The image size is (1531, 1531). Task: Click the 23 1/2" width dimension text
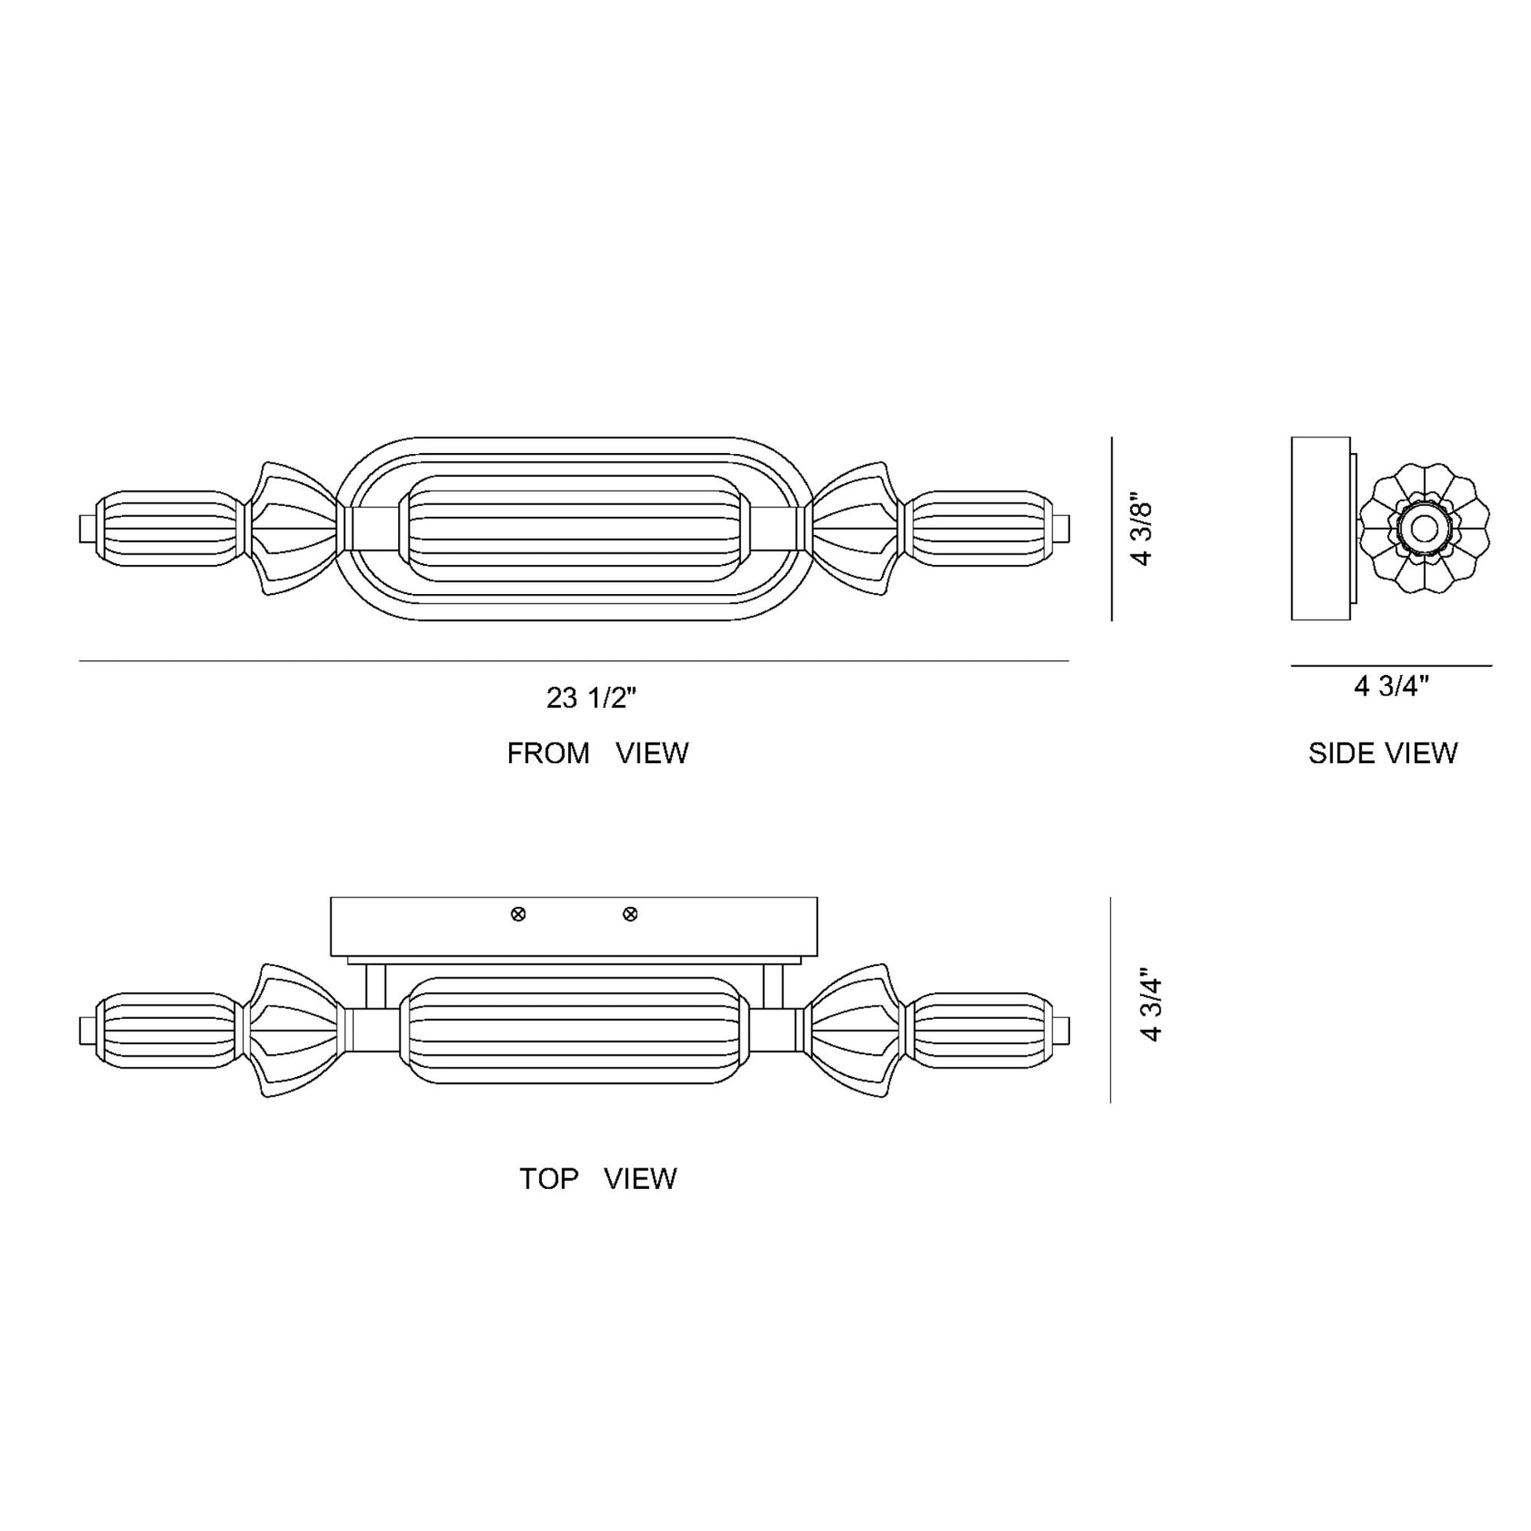pos(591,698)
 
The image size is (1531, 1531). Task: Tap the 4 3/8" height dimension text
pos(1142,534)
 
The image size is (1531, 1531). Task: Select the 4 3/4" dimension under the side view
pos(1391,686)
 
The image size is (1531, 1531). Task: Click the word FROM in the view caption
pos(548,753)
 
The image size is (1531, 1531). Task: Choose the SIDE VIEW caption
pos(1383,753)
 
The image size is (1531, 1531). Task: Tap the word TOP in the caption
pos(548,1179)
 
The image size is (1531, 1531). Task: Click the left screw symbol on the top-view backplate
pos(518,914)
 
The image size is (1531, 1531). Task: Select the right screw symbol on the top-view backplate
pos(630,914)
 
